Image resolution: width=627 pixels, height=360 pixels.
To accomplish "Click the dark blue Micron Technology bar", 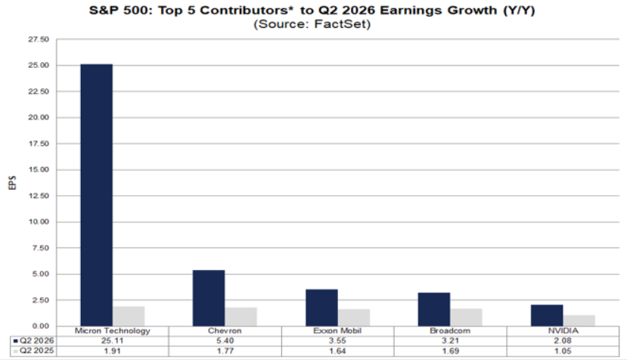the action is [x=96, y=195].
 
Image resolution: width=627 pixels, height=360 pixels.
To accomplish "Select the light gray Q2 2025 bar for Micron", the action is [x=129, y=316].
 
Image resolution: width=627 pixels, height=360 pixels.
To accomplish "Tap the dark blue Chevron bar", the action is [x=209, y=298].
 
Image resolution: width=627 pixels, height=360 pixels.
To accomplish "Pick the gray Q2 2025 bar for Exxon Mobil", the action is [x=354, y=318].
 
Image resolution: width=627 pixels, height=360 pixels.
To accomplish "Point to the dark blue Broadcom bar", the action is [x=434, y=309].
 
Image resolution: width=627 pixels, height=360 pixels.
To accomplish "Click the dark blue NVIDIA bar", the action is [x=547, y=315].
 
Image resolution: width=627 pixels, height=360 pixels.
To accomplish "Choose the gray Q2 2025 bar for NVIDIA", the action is [x=579, y=321].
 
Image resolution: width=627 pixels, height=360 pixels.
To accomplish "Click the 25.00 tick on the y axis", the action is [x=39, y=65].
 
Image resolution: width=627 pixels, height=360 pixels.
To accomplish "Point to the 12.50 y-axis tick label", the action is [x=39, y=196].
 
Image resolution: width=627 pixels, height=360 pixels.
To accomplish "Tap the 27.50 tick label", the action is [x=39, y=39].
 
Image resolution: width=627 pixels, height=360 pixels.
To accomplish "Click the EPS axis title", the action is [x=12, y=183].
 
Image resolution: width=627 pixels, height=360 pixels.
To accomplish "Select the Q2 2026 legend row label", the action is [x=37, y=341].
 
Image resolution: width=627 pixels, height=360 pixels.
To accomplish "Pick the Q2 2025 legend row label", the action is [x=37, y=351].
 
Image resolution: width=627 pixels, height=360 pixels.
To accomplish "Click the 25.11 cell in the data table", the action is [x=113, y=341].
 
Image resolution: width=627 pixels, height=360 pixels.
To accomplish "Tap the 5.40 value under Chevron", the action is [x=225, y=341].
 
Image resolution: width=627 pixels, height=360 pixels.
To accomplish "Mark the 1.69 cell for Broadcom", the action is [x=450, y=351].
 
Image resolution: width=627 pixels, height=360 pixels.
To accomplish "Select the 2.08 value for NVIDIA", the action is [x=563, y=341].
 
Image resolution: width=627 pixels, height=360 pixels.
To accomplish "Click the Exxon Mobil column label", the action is [x=337, y=331].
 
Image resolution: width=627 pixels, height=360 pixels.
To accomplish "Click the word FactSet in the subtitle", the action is [x=340, y=24].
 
